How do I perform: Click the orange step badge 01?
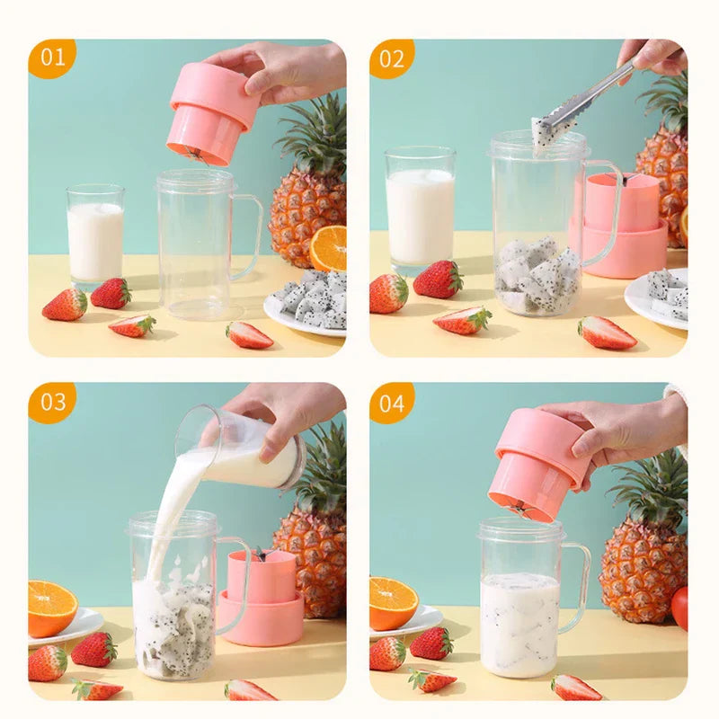pyautogui.click(x=52, y=58)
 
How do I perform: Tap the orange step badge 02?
pyautogui.click(x=392, y=58)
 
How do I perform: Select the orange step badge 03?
pyautogui.click(x=52, y=402)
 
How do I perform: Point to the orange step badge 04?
pyautogui.click(x=392, y=402)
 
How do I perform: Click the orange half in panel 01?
pyautogui.click(x=329, y=247)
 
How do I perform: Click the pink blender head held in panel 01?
pyautogui.click(x=212, y=112)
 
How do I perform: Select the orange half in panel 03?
pyautogui.click(x=51, y=607)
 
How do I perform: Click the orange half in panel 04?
pyautogui.click(x=393, y=602)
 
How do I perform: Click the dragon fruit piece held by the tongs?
pyautogui.click(x=542, y=135)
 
